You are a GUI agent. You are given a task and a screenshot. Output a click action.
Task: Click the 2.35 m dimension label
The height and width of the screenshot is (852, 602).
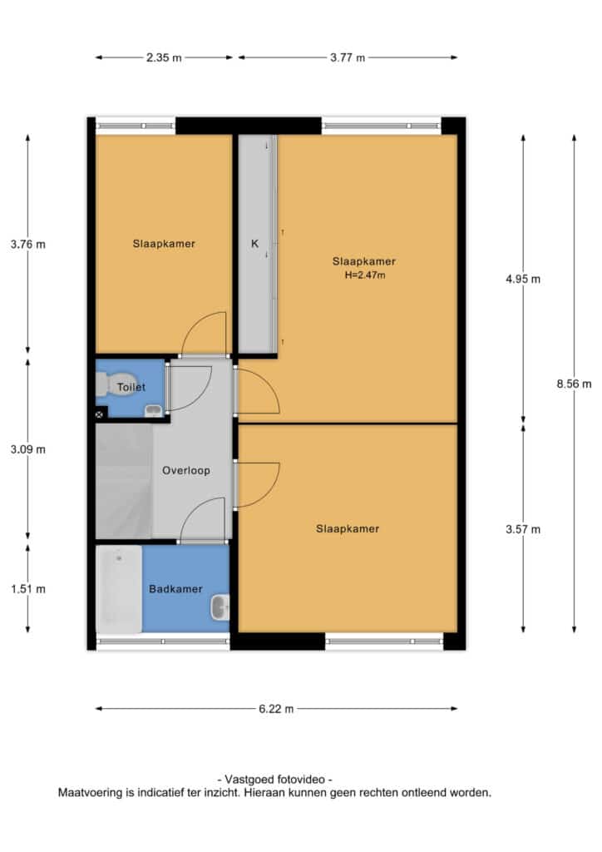(164, 57)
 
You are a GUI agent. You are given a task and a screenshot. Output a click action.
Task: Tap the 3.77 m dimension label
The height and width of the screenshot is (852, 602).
(348, 57)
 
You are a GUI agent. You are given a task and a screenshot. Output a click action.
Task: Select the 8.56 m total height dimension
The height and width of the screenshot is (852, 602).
(574, 384)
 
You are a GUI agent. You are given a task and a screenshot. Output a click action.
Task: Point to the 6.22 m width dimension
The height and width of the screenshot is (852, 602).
(276, 709)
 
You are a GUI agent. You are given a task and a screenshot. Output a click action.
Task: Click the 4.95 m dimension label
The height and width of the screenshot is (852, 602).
(523, 280)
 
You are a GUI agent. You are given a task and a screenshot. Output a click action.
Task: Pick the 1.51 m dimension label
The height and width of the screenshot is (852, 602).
(28, 589)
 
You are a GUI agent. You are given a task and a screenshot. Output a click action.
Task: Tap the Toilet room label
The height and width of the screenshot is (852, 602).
(131, 388)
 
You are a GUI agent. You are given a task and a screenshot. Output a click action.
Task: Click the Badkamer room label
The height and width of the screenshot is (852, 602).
(175, 589)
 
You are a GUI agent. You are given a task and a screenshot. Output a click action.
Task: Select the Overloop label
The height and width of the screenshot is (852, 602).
(186, 471)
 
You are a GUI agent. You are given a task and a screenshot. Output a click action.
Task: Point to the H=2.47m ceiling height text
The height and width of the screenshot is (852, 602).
(365, 275)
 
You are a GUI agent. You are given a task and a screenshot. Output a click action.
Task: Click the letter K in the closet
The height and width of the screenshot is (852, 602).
(254, 244)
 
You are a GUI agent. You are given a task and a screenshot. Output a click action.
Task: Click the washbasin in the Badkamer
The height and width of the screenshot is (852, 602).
(220, 607)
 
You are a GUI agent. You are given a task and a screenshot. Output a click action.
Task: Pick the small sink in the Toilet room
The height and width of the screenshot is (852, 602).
(154, 411)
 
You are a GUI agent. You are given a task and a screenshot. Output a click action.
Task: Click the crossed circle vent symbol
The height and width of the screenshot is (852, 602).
(99, 414)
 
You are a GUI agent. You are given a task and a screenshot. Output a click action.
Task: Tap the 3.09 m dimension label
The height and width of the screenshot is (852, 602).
(28, 450)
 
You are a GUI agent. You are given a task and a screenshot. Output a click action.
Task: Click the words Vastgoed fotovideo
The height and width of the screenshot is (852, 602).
(274, 780)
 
